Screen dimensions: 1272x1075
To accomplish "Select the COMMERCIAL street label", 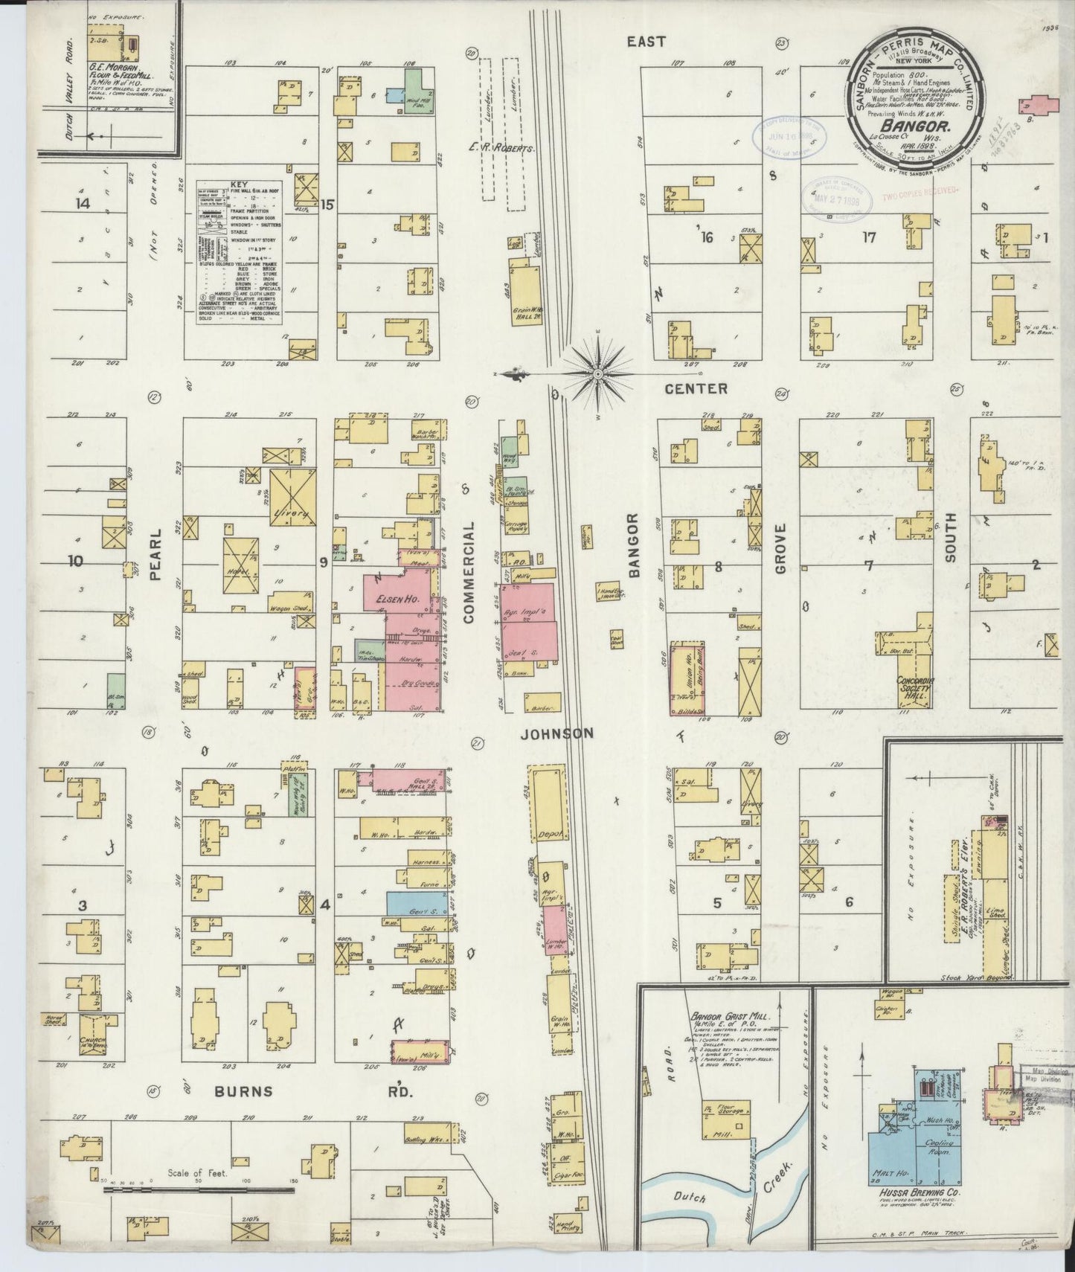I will click(x=469, y=571).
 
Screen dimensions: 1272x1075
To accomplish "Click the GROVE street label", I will click(x=780, y=549).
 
